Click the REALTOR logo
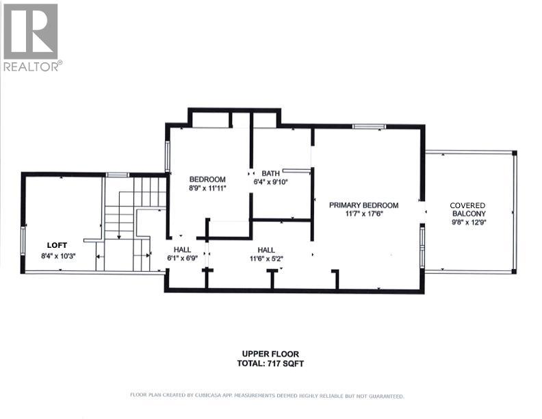pyautogui.click(x=31, y=36)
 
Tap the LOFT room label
pyautogui.click(x=57, y=244)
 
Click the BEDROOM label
pyautogui.click(x=207, y=179)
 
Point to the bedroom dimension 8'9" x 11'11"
pyautogui.click(x=207, y=188)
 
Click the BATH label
pyautogui.click(x=270, y=173)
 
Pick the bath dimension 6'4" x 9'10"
pyautogui.click(x=270, y=182)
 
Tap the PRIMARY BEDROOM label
pyautogui.click(x=363, y=205)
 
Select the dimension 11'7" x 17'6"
pyautogui.click(x=363, y=214)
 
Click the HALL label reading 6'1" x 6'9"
pyautogui.click(x=182, y=250)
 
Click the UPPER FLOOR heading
pyautogui.click(x=266, y=354)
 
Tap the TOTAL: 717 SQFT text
pyautogui.click(x=266, y=364)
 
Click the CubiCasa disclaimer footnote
pyautogui.click(x=267, y=396)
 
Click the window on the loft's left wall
pyautogui.click(x=23, y=240)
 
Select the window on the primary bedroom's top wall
pyautogui.click(x=369, y=127)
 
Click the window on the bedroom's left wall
pyautogui.click(x=167, y=155)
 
